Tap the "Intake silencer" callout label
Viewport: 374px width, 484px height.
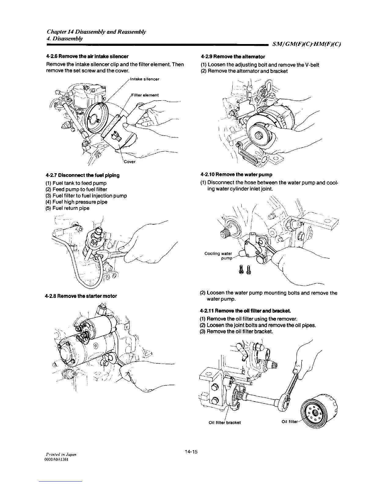pos(145,79)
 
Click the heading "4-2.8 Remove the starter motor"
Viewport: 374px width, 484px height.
pos(81,296)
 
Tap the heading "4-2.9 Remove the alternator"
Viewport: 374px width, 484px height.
pos(233,57)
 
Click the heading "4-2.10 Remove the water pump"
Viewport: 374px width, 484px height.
pos(236,175)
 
